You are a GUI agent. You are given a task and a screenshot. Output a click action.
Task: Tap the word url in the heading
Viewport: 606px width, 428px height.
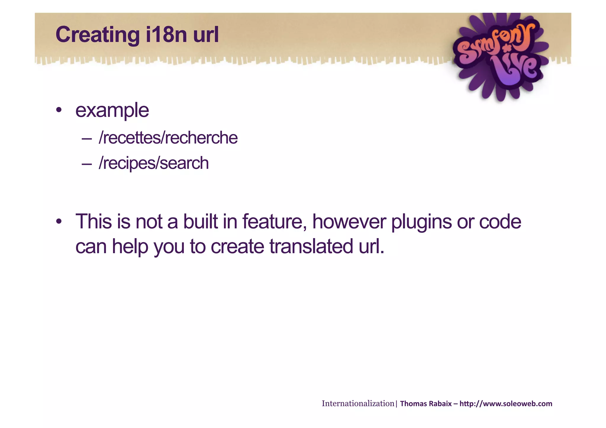tap(206, 35)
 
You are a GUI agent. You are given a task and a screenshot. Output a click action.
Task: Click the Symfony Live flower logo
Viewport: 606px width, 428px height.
tap(500, 56)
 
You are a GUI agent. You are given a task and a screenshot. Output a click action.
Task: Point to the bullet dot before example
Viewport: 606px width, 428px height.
tap(59, 110)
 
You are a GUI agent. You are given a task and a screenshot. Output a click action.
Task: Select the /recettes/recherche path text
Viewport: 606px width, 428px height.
tap(168, 138)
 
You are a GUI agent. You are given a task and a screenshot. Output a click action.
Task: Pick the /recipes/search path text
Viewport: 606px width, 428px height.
tap(154, 163)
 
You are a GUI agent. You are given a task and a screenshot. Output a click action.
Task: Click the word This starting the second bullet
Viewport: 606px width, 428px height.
tap(94, 222)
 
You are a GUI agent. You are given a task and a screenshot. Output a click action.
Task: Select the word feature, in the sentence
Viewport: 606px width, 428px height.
tap(275, 222)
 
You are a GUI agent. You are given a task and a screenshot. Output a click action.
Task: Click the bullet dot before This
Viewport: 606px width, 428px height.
tap(59, 222)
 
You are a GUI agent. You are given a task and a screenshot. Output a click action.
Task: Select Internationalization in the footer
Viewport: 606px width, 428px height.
tap(358, 403)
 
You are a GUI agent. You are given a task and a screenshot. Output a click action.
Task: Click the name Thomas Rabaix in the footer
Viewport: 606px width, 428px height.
tap(426, 404)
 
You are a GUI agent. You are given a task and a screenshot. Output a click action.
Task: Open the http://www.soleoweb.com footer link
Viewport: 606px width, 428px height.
tap(506, 404)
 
